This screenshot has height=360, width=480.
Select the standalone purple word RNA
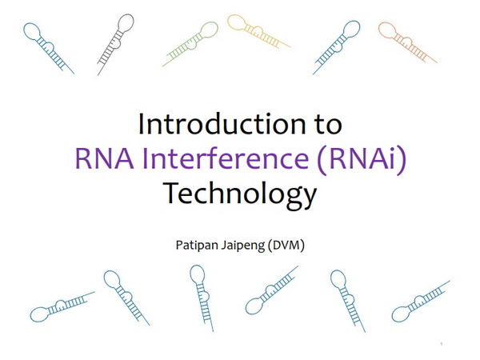click(105, 158)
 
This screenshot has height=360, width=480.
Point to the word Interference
click(226, 158)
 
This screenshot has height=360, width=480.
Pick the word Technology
click(240, 194)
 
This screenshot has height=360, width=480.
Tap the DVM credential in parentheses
click(286, 246)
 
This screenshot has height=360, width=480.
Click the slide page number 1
click(442, 344)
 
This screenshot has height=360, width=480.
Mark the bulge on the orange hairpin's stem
click(407, 40)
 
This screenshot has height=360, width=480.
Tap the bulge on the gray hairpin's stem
click(117, 43)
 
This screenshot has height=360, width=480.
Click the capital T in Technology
click(173, 193)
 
